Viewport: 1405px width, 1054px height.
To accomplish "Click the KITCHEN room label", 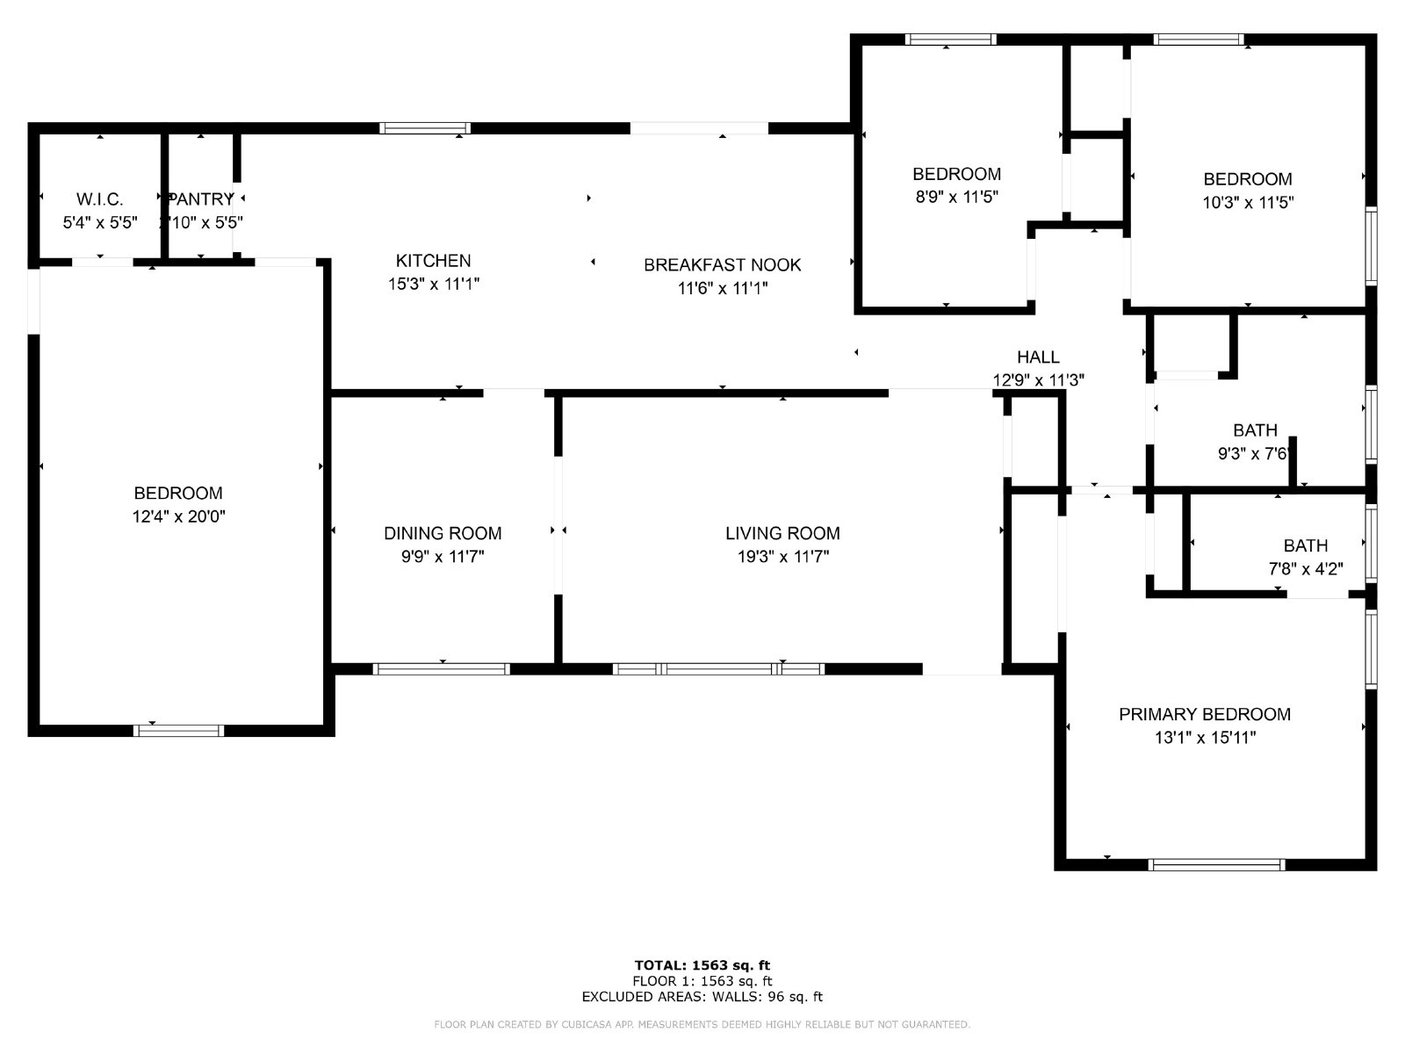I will coord(433,261).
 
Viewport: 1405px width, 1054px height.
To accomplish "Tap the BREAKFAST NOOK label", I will coord(722,265).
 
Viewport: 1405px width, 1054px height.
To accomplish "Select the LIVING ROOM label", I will coord(782,533).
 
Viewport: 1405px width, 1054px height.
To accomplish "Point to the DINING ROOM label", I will coord(443,533).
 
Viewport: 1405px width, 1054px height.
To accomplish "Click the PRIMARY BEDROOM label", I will coord(1204,714).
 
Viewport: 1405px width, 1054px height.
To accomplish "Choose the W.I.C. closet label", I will coord(99,199).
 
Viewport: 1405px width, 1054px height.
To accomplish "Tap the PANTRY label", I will coord(202,199).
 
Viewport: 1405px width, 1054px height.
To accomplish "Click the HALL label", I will coord(1038,357).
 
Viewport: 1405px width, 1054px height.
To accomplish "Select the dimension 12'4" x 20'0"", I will coord(178,516).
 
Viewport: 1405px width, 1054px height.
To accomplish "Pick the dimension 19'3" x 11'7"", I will coord(782,556).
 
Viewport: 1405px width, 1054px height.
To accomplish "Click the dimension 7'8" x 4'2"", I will coord(1305,568).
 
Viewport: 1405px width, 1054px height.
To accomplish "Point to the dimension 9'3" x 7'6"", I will coord(1254,453).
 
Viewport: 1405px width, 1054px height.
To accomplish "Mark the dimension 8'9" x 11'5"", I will coord(956,197).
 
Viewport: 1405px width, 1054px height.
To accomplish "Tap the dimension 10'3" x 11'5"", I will coord(1247,202).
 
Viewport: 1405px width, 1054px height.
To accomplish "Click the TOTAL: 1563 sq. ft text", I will coord(702,965).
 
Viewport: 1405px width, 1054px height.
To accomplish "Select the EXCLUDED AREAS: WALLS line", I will coord(702,997).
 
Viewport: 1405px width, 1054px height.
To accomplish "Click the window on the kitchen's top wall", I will coord(425,128).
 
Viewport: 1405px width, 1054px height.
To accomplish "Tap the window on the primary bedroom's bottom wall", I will coord(1216,865).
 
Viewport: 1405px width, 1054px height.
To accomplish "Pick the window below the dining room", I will coord(441,669).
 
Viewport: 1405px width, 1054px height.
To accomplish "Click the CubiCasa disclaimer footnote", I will coord(702,1025).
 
